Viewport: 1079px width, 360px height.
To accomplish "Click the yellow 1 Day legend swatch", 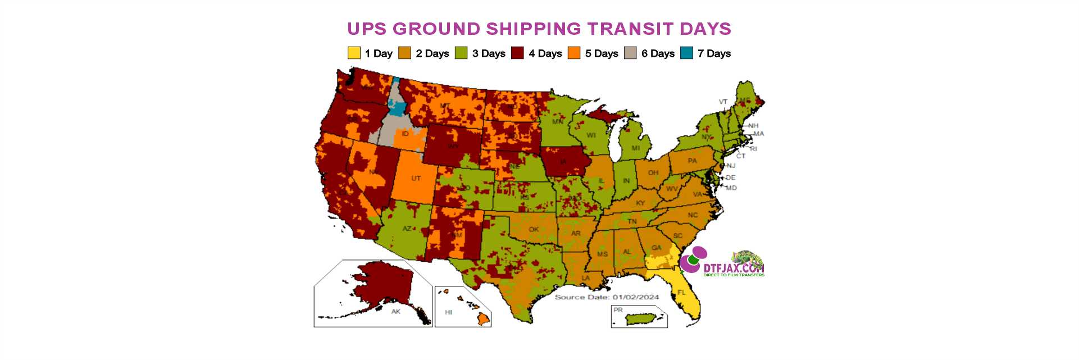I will pyautogui.click(x=353, y=53).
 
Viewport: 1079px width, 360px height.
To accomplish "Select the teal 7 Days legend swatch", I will pyautogui.click(x=686, y=53).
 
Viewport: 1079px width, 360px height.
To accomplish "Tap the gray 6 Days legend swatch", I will pyautogui.click(x=630, y=53).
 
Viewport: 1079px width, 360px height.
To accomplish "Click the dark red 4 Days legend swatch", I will pyautogui.click(x=517, y=53).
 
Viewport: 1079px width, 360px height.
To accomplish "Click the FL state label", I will pyautogui.click(x=681, y=293).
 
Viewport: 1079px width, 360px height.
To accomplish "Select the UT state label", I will pyautogui.click(x=416, y=179).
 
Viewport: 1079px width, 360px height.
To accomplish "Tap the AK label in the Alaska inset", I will pyautogui.click(x=396, y=312).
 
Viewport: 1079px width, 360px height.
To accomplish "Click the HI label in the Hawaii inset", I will pyautogui.click(x=448, y=312).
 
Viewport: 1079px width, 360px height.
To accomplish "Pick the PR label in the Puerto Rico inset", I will pyautogui.click(x=618, y=310).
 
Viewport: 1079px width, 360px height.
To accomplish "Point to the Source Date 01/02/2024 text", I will pyautogui.click(x=607, y=297).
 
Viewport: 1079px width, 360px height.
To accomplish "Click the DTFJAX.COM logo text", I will pyautogui.click(x=734, y=268).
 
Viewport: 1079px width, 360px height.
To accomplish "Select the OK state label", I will pyautogui.click(x=534, y=229).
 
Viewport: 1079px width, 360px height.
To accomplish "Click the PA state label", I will pyautogui.click(x=692, y=161).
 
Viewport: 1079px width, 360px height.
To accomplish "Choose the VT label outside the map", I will pyautogui.click(x=723, y=102).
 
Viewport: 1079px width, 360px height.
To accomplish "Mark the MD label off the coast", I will pyautogui.click(x=731, y=188).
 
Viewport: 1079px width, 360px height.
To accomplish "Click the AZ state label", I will pyautogui.click(x=407, y=229).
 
